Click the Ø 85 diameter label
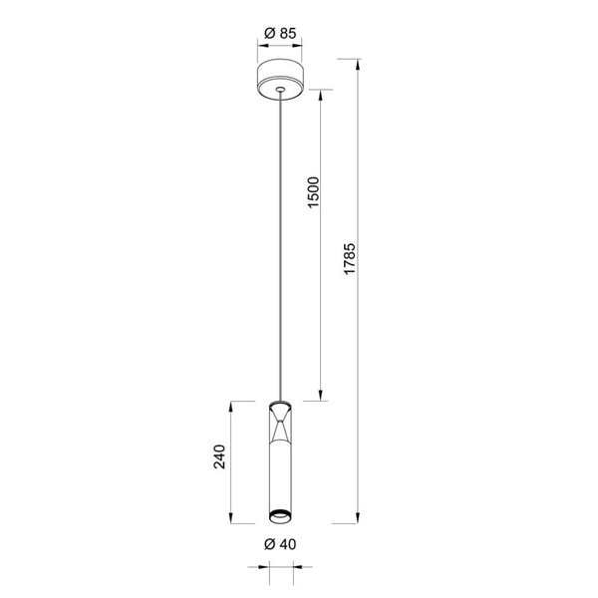point(281,33)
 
